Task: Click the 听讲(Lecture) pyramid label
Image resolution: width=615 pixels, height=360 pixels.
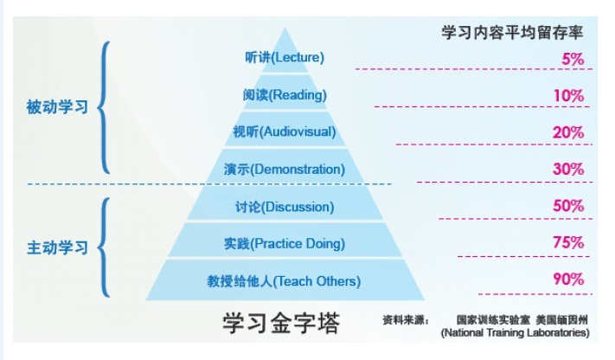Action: (284, 58)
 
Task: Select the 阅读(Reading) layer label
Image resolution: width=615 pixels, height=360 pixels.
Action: (285, 95)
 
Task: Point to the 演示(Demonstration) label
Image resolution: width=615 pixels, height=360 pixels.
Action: (284, 170)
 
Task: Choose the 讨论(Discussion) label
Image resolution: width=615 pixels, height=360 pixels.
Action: (284, 208)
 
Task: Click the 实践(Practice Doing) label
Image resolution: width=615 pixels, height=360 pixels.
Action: (284, 244)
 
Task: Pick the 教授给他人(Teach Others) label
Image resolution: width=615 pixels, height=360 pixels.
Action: (284, 281)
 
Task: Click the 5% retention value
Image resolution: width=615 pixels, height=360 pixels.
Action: (573, 59)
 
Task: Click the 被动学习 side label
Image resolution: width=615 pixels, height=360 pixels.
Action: (58, 109)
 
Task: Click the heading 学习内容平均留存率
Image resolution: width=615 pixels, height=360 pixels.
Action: (512, 33)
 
